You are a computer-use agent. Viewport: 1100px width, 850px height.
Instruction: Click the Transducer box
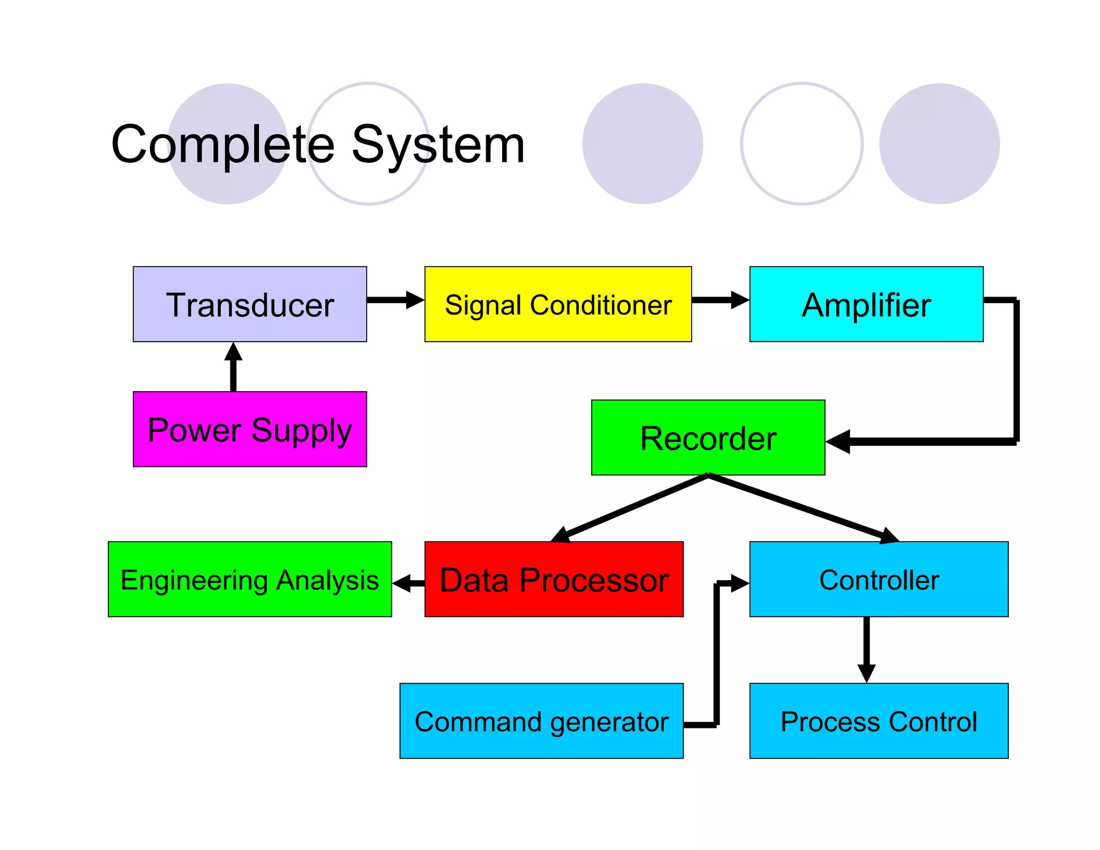coord(250,304)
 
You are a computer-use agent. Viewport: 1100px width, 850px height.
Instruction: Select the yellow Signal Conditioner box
coord(558,304)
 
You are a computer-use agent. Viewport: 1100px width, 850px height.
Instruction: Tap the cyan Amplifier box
coord(866,304)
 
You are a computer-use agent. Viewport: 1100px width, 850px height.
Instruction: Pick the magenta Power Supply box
coord(250,429)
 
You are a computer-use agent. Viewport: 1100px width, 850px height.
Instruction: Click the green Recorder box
coord(708,437)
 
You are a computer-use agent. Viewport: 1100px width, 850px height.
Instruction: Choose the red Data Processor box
coord(554,579)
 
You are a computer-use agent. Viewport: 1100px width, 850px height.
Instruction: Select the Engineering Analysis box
coord(250,579)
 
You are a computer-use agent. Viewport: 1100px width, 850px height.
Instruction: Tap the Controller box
coord(879,579)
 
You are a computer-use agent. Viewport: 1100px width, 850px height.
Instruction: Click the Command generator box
coord(541,721)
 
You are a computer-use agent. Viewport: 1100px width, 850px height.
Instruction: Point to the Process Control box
coord(879,721)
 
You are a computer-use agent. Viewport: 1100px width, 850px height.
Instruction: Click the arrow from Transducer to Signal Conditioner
coord(395,300)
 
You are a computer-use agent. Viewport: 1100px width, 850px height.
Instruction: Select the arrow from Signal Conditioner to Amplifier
coord(720,300)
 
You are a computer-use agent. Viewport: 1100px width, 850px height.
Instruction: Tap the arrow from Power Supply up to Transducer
coord(233,367)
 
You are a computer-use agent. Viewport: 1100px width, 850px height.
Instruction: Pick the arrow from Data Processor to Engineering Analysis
coord(408,583)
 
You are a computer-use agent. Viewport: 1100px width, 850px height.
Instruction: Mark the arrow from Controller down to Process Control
coord(866,650)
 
